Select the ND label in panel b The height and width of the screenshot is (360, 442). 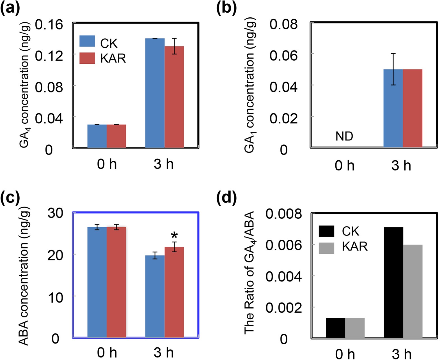[344, 137]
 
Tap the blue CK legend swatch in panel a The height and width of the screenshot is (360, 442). [87, 41]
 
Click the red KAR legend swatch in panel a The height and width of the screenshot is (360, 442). [87, 58]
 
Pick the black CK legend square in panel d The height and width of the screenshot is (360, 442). [326, 231]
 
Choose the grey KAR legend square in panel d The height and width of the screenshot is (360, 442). [326, 248]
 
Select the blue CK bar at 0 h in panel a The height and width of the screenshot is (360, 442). [97, 136]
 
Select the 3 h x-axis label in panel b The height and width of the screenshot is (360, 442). [401, 166]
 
